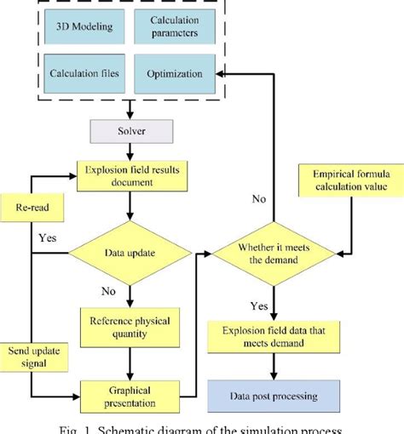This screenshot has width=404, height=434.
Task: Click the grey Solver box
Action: [130, 132]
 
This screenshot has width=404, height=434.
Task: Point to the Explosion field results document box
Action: [130, 176]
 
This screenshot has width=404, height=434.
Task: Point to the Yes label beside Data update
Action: [49, 239]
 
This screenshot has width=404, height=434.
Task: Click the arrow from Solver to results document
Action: [130, 151]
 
